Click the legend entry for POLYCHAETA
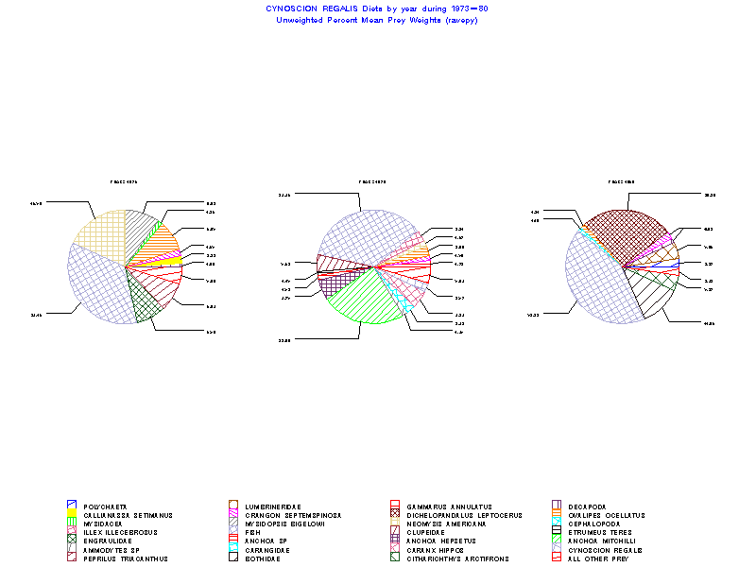tap(104, 507)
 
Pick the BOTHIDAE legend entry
tap(261, 558)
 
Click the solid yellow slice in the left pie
tap(168, 262)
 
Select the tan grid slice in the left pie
tap(99, 236)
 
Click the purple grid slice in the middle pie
tap(332, 282)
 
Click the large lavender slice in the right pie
tap(595, 283)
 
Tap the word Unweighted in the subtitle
tap(301, 20)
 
